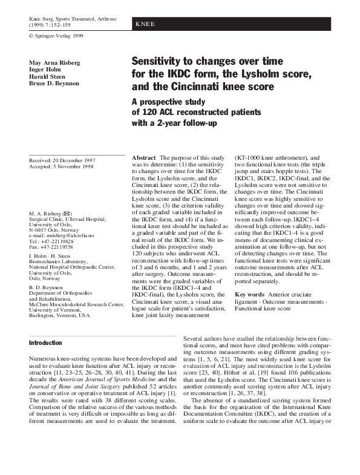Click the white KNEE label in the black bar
coord(145,24)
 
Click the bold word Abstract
coord(145,157)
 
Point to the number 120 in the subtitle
coord(151,113)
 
